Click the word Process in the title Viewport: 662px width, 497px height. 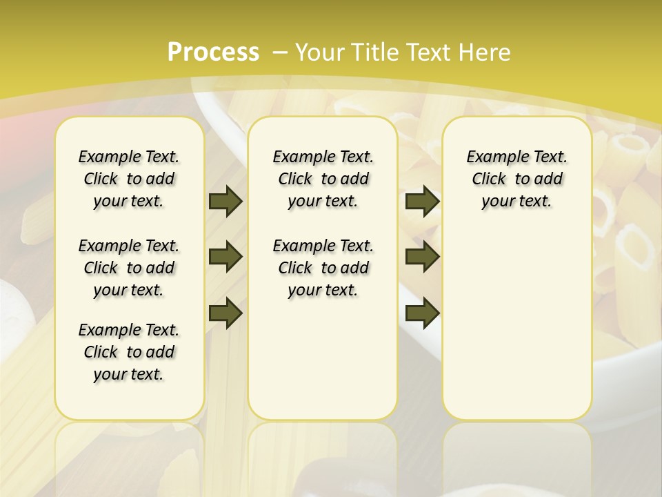tap(213, 52)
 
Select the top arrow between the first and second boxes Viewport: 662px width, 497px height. tap(225, 201)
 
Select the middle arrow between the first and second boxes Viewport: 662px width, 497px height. tap(225, 257)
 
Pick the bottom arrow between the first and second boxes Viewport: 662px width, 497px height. tap(225, 313)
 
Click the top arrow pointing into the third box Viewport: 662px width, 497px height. tap(422, 201)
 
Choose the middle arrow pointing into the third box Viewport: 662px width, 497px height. tap(422, 257)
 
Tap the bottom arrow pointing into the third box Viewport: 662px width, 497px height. tap(422, 313)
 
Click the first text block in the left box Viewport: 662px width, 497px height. tap(129, 179)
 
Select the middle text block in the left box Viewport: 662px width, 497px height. tap(129, 268)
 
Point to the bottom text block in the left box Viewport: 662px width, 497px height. tap(129, 352)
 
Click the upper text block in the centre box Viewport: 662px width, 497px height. tap(323, 179)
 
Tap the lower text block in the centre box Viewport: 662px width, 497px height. tap(323, 268)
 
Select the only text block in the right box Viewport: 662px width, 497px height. tap(516, 179)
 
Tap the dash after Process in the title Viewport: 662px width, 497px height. tap(280, 52)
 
